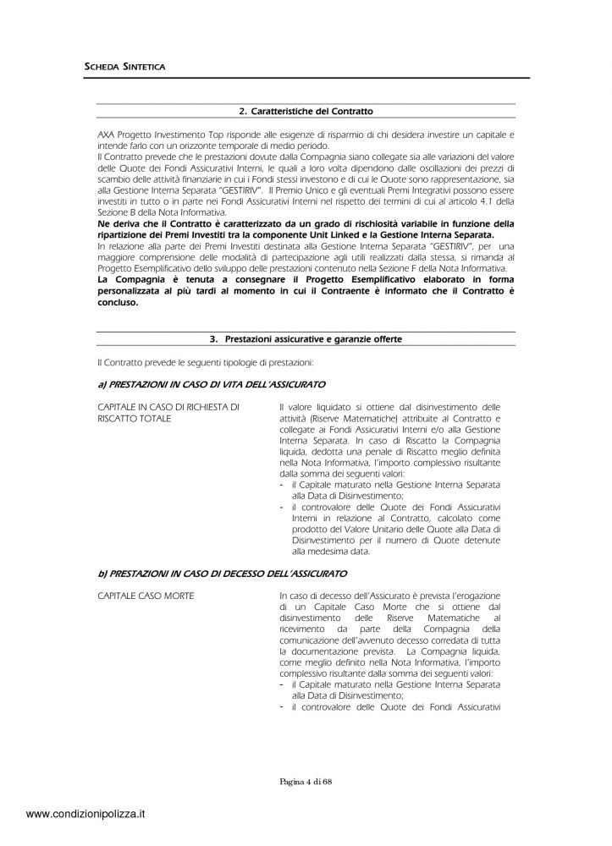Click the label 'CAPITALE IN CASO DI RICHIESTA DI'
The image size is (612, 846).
click(x=168, y=408)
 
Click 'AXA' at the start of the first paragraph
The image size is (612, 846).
click(x=105, y=135)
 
